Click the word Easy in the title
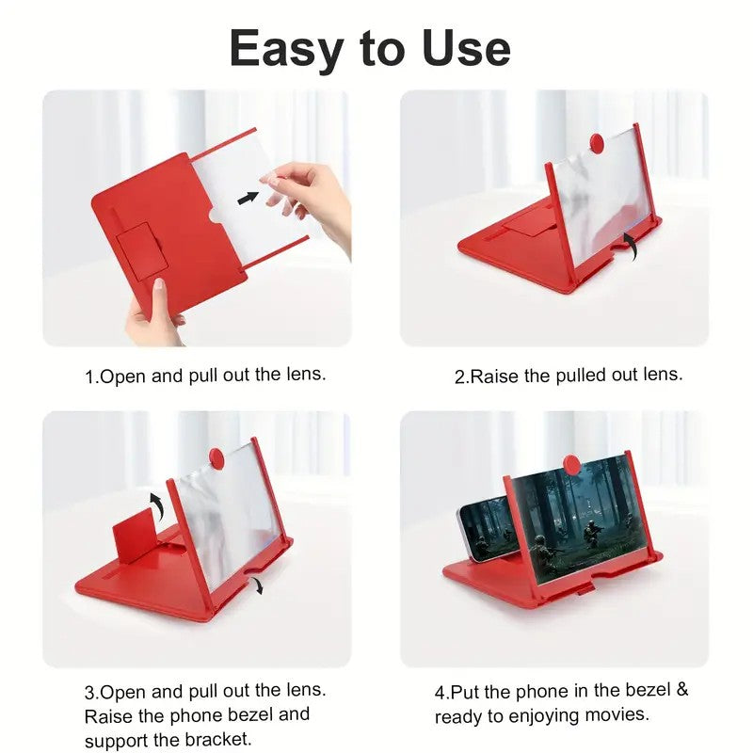pyautogui.click(x=289, y=49)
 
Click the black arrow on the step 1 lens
pyautogui.click(x=248, y=198)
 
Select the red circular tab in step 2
pyautogui.click(x=596, y=142)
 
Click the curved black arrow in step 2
pyautogui.click(x=629, y=248)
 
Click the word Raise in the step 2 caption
pyautogui.click(x=495, y=376)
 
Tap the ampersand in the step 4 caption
pyautogui.click(x=681, y=690)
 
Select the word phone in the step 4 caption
pyautogui.click(x=539, y=691)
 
